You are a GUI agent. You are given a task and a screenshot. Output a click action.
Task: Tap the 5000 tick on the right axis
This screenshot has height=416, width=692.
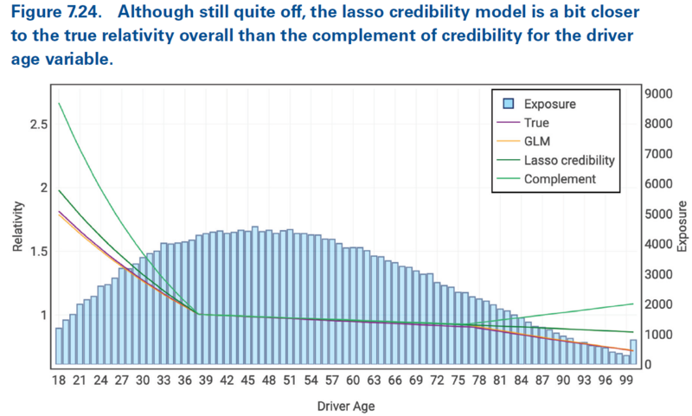coord(658,214)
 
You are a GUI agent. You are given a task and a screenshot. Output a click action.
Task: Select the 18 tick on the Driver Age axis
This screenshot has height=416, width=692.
coord(59,380)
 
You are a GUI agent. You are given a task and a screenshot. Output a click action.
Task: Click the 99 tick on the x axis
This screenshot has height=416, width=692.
coord(627,380)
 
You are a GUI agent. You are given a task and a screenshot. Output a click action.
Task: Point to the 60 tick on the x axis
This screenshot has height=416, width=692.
coord(353,380)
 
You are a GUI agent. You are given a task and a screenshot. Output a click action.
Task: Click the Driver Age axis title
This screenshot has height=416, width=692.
coord(345,404)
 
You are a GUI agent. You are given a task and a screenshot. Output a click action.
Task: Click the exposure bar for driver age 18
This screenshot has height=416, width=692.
coord(59,346)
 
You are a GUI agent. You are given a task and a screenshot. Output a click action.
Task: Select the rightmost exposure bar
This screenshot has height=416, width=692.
coord(634,352)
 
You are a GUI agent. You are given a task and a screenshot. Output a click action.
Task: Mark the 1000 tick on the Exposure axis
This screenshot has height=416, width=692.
coord(658,335)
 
